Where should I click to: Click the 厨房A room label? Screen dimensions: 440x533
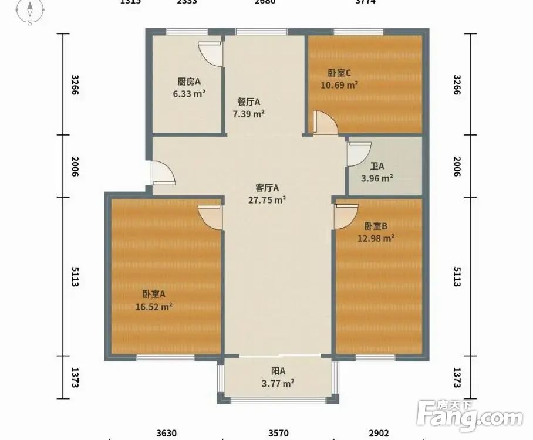pyautogui.click(x=189, y=82)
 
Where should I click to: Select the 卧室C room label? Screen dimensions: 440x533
pyautogui.click(x=339, y=73)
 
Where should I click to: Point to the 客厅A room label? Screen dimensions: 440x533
pyautogui.click(x=267, y=188)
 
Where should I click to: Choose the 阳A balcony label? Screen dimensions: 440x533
pyautogui.click(x=278, y=371)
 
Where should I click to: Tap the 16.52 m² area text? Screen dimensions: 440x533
pyautogui.click(x=153, y=306)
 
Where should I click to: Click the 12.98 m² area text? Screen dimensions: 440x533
pyautogui.click(x=376, y=238)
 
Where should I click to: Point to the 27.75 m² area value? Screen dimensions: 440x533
pyautogui.click(x=267, y=199)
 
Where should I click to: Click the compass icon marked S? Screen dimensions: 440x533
pyautogui.click(x=30, y=12)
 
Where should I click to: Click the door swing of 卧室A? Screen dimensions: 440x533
pyautogui.click(x=210, y=216)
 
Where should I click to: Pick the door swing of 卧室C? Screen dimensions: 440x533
pyautogui.click(x=324, y=124)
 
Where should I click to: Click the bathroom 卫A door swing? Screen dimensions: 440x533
pyautogui.click(x=356, y=154)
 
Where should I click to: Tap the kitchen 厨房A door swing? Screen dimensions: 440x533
pyautogui.click(x=210, y=53)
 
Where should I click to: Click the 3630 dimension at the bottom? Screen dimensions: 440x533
pyautogui.click(x=166, y=433)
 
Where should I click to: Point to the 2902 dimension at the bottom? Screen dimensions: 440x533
pyautogui.click(x=378, y=433)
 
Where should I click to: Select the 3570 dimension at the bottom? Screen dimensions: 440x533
pyautogui.click(x=278, y=433)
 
